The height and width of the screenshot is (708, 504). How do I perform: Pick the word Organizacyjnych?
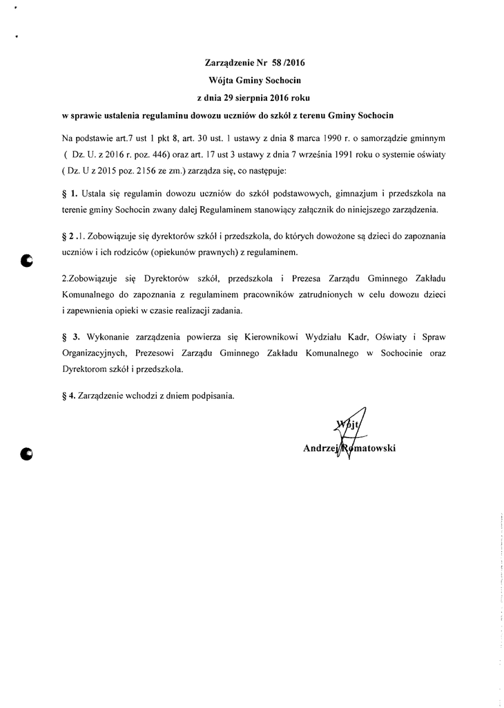[x=95, y=353]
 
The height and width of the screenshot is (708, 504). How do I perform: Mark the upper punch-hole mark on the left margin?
[x=27, y=260]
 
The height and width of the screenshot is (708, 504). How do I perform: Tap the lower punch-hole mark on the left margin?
[x=27, y=454]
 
